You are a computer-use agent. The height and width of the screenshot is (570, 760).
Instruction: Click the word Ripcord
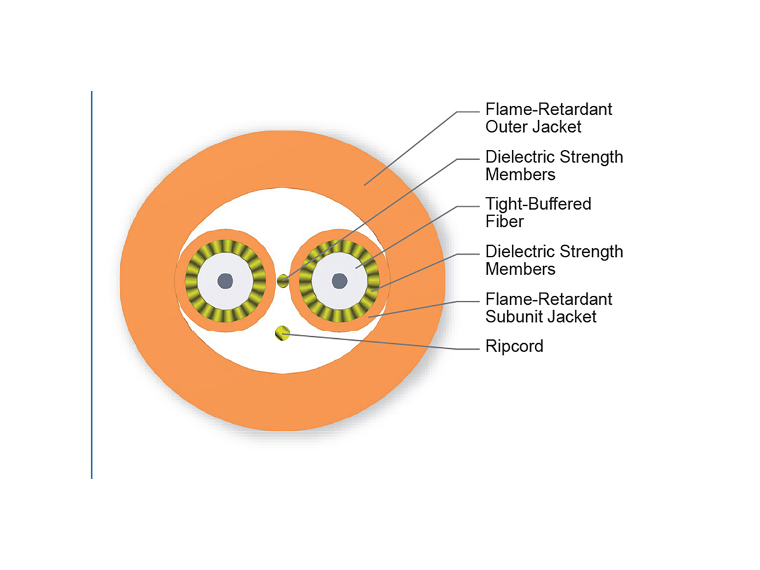point(514,346)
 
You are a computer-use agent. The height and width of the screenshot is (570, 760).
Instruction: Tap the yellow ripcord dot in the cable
point(281,332)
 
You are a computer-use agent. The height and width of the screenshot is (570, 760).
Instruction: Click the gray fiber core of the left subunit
point(225,281)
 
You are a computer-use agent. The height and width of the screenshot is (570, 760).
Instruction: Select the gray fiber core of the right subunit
point(339,281)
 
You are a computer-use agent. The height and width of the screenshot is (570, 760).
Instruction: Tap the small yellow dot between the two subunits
point(283,281)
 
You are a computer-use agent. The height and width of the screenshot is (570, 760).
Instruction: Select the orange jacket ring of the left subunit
point(225,237)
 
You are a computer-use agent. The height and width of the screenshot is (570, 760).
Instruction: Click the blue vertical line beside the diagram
point(92,285)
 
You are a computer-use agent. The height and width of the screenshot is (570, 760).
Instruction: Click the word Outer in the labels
point(509,126)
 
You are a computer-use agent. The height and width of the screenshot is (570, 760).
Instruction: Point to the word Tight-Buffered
point(538,204)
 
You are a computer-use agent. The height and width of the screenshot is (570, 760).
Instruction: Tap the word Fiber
point(504,221)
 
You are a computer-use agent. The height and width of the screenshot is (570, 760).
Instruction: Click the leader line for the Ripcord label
point(380,341)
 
